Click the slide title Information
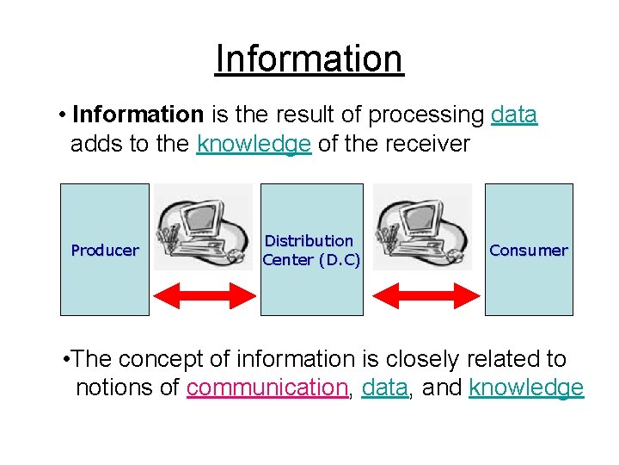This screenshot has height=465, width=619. click(309, 59)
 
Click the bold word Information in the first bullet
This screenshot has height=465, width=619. click(138, 115)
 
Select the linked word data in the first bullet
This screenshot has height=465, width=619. click(514, 115)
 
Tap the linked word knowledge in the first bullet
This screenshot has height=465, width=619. click(254, 144)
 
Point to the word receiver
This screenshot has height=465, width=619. click(428, 144)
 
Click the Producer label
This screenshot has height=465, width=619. click(104, 251)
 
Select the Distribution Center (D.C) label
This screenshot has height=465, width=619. click(310, 251)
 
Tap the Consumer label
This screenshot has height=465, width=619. click(528, 251)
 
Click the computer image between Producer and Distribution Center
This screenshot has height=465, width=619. click(204, 229)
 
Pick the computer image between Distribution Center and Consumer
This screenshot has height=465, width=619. click(423, 229)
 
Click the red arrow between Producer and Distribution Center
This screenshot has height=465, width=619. click(204, 295)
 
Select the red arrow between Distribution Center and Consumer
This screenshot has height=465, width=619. click(423, 295)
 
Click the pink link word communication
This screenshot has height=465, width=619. click(267, 388)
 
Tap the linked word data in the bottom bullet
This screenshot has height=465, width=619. click(384, 388)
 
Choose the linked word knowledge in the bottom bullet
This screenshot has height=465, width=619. click(526, 388)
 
